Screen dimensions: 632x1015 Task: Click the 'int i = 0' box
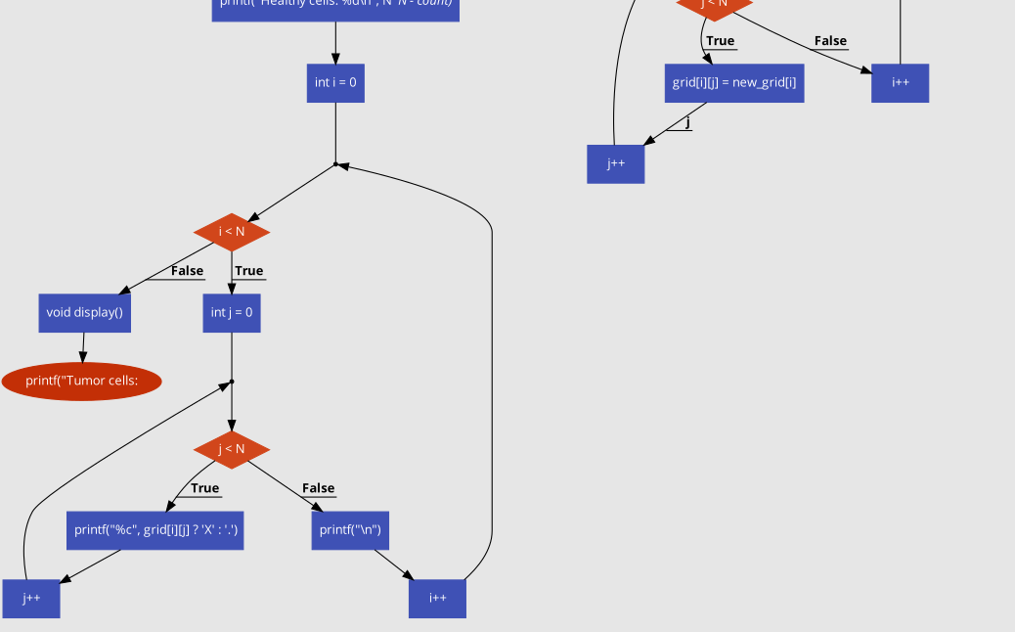point(335,83)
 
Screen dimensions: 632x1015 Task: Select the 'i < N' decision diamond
point(232,232)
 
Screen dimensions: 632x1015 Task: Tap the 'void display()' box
point(84,313)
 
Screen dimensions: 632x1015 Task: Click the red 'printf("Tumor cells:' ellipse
point(81,381)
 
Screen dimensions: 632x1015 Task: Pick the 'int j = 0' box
point(232,313)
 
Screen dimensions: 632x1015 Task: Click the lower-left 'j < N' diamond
point(232,450)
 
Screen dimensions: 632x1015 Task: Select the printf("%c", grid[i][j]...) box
point(154,530)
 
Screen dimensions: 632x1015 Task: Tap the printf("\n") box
point(350,530)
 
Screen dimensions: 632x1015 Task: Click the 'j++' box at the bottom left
point(31,599)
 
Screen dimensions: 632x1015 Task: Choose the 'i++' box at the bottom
point(437,599)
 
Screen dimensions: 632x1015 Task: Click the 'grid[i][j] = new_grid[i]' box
point(734,83)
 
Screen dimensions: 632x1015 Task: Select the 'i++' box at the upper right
point(900,83)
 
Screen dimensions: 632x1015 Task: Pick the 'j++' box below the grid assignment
point(615,163)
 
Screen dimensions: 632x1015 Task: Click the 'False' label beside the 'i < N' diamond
point(187,271)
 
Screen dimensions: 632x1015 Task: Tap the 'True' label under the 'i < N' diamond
point(249,271)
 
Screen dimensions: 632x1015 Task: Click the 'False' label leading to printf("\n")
point(318,488)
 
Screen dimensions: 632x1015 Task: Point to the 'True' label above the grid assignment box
point(720,41)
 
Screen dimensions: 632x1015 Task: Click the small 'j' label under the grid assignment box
point(687,122)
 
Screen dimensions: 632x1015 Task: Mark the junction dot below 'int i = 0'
point(335,164)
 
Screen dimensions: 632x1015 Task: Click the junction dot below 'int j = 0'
point(232,382)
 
